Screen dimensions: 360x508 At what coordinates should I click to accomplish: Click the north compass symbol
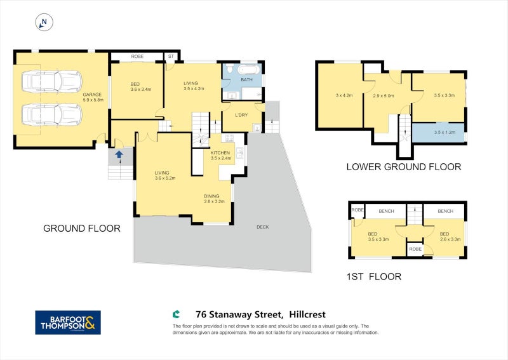[x=44, y=23]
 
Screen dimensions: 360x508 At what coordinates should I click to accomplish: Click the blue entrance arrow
[x=119, y=154]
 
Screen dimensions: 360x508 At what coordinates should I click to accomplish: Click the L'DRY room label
[x=241, y=114]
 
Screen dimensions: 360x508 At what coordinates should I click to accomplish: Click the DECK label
[x=263, y=227]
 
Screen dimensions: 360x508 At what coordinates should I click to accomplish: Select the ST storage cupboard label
[x=171, y=57]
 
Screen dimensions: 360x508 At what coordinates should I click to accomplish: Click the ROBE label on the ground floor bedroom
[x=137, y=57]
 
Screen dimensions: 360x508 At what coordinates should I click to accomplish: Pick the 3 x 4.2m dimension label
[x=344, y=95]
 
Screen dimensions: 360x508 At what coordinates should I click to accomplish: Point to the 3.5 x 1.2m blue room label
[x=444, y=132]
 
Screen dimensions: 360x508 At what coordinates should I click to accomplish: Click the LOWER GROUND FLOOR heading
[x=403, y=167]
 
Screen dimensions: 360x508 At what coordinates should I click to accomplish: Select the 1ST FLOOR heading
[x=374, y=276]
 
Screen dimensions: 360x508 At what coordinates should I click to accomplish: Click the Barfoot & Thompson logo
[x=68, y=322]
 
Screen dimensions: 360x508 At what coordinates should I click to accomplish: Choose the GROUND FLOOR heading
[x=81, y=228]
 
